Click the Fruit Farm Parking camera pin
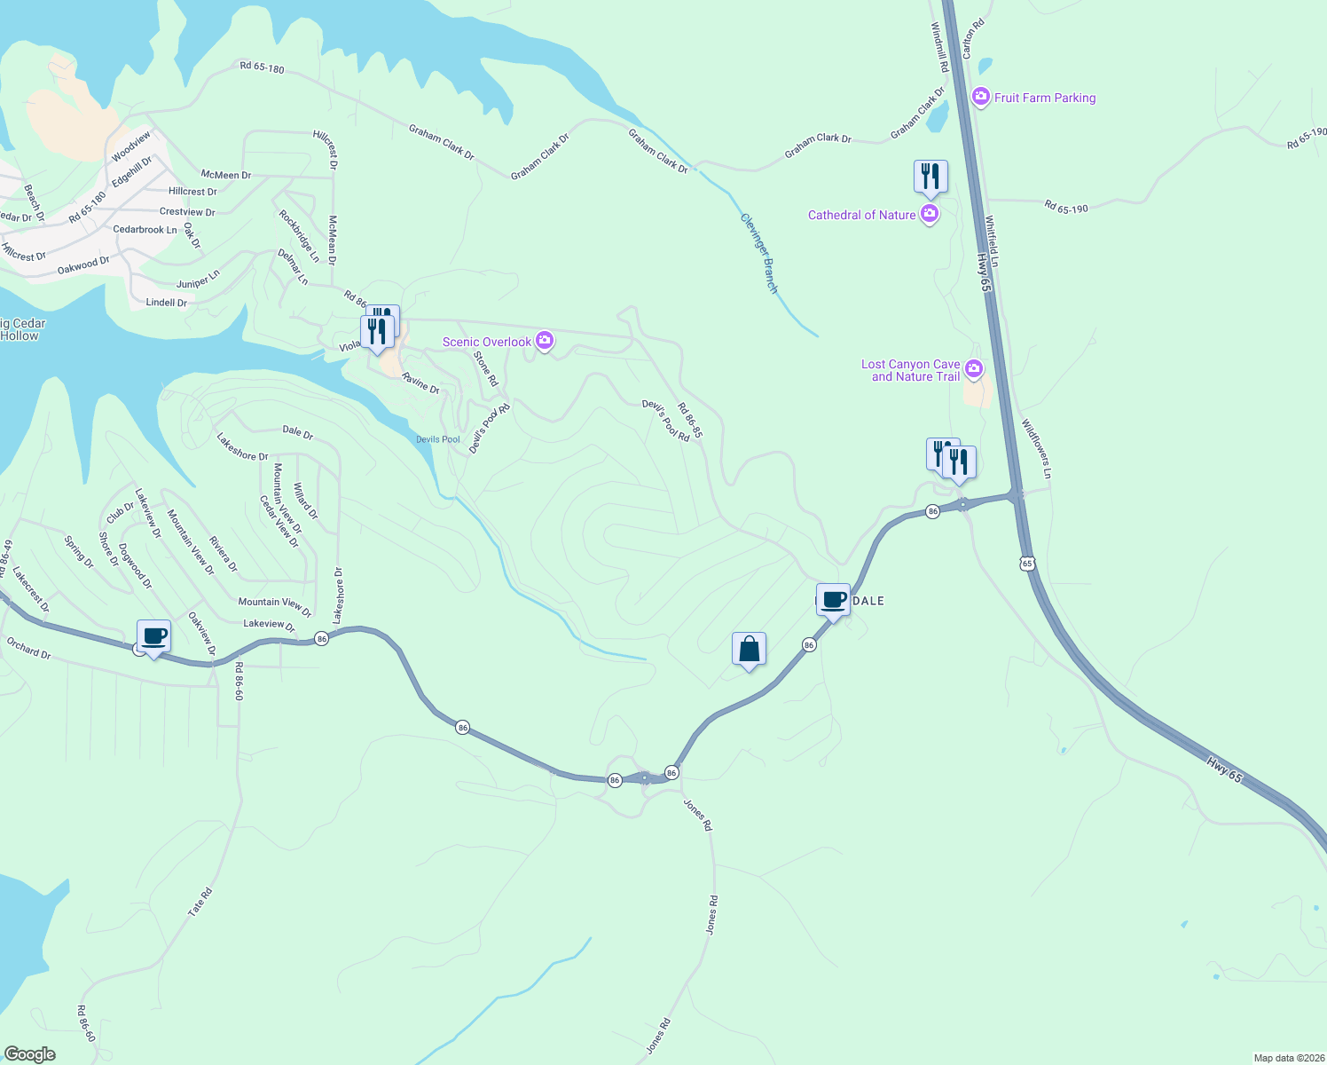click(x=980, y=97)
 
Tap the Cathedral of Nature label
click(x=861, y=215)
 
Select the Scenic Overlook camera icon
click(x=545, y=341)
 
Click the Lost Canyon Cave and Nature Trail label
click(x=911, y=370)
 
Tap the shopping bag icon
click(x=749, y=649)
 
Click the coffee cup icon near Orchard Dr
click(x=154, y=636)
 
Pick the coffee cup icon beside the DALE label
click(x=834, y=600)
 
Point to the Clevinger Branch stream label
click(x=759, y=253)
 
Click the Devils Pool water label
click(x=438, y=439)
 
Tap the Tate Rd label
click(x=200, y=902)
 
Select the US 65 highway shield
click(x=1027, y=564)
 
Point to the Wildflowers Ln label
click(x=1035, y=449)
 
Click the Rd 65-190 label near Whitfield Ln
click(x=1065, y=208)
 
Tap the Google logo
click(x=29, y=1053)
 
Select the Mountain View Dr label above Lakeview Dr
click(x=275, y=602)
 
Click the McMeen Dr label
click(x=226, y=175)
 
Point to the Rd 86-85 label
click(x=689, y=421)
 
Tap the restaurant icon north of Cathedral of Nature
click(x=930, y=176)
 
